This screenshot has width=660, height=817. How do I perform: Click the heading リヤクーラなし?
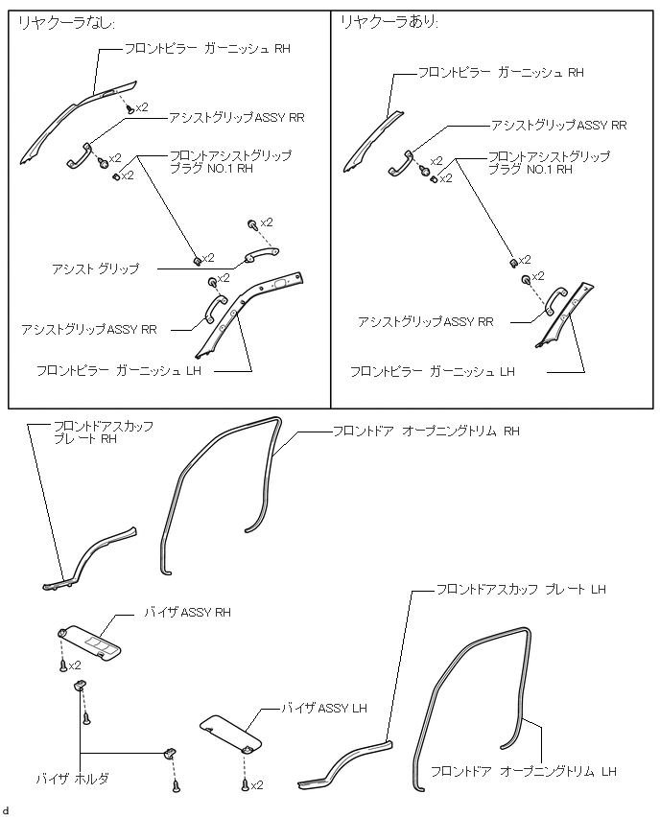point(66,23)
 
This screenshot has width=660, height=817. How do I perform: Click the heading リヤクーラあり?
point(389,22)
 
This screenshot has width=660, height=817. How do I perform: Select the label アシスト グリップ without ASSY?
point(95,268)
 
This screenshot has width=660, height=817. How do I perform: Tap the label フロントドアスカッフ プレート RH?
point(104,432)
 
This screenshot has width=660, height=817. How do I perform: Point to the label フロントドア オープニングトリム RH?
point(426,432)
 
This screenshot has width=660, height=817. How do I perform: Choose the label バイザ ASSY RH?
point(187,612)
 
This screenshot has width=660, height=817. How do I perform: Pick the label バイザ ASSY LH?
point(324,708)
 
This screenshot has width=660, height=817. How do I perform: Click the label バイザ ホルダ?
point(73,779)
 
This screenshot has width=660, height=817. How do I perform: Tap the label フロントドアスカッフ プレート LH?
point(521,590)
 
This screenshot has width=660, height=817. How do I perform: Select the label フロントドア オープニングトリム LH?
point(524,771)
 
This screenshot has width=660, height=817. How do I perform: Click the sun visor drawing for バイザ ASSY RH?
point(89,642)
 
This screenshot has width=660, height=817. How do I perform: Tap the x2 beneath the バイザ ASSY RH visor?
point(75,665)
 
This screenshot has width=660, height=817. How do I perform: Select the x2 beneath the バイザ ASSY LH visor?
point(257,785)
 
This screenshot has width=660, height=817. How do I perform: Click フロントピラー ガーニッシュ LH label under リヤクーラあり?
point(433,371)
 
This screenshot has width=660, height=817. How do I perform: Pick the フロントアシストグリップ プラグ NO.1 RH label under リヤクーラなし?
point(230,161)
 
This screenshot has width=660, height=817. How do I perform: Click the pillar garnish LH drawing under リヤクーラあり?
point(566,315)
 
